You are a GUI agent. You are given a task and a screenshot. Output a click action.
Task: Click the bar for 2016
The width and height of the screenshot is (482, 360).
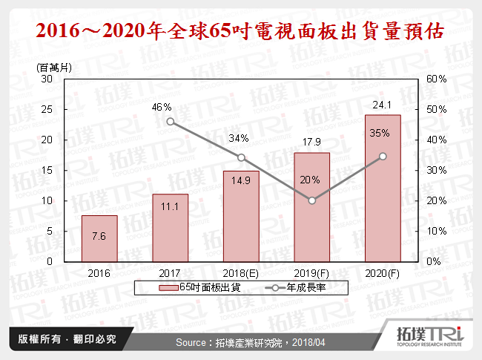(99, 238)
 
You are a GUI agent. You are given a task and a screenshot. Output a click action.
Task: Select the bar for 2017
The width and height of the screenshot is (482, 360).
(170, 228)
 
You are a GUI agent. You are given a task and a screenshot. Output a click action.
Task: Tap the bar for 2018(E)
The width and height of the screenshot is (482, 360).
(241, 216)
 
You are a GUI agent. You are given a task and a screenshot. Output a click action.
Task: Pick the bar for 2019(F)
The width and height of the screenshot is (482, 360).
(312, 207)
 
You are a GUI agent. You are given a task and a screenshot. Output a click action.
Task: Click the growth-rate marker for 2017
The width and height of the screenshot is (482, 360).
(170, 122)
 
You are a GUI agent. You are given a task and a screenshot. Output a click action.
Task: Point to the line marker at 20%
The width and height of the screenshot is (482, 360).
(312, 200)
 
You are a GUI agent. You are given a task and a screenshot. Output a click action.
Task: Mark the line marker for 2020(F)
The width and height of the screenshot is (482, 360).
(383, 156)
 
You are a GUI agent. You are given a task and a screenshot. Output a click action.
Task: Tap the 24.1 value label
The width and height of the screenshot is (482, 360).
(382, 105)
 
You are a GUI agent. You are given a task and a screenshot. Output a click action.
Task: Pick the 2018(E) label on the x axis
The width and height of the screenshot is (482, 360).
(240, 272)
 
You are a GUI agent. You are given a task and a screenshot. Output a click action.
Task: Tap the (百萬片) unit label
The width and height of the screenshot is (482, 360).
(54, 67)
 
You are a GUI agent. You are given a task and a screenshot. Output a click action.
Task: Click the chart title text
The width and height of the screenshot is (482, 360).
(241, 32)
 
